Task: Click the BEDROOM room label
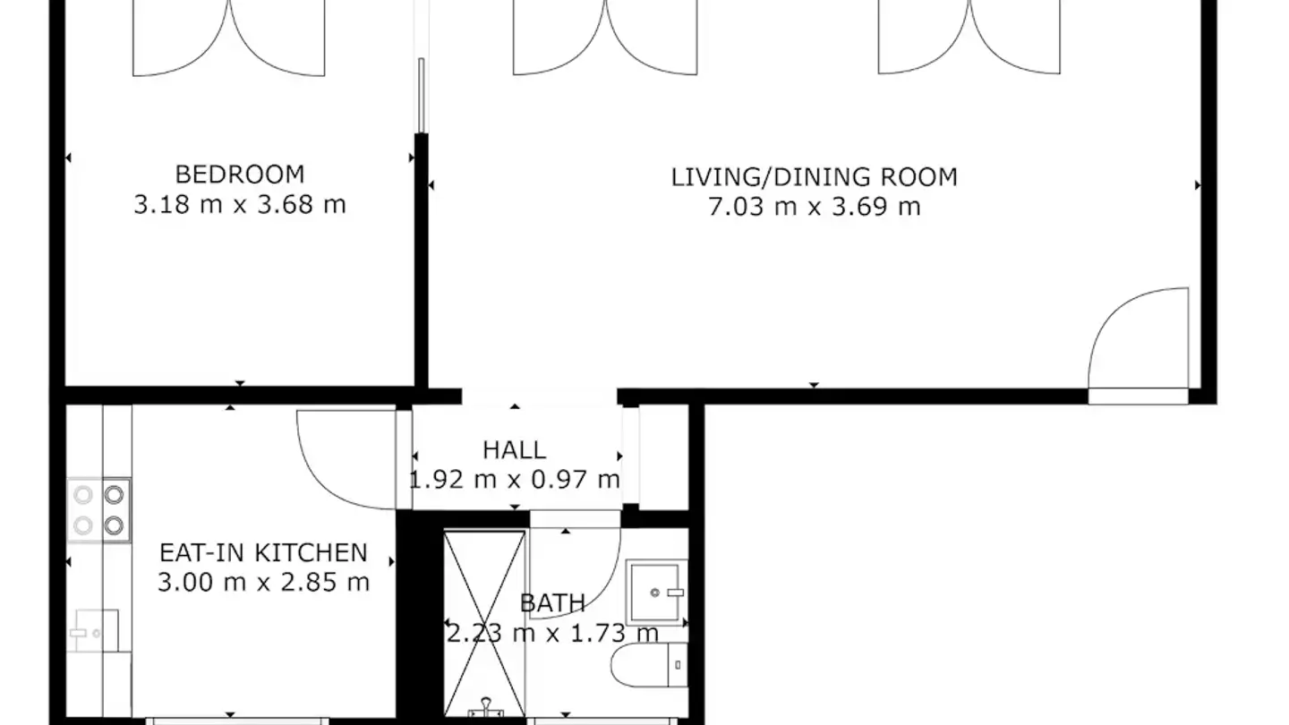tap(239, 174)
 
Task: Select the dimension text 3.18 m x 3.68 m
tap(239, 205)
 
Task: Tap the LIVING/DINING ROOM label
tap(814, 176)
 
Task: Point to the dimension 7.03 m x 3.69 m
tap(814, 208)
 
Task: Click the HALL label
tap(514, 449)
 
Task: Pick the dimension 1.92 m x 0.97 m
tap(514, 480)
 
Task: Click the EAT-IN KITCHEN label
tap(263, 552)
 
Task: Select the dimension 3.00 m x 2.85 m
tap(263, 583)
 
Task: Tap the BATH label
tap(552, 603)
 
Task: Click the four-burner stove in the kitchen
tap(98, 509)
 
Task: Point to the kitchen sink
tap(93, 632)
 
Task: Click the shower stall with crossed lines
tap(484, 623)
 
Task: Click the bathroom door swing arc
tap(573, 564)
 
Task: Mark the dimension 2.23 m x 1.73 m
tap(552, 634)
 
